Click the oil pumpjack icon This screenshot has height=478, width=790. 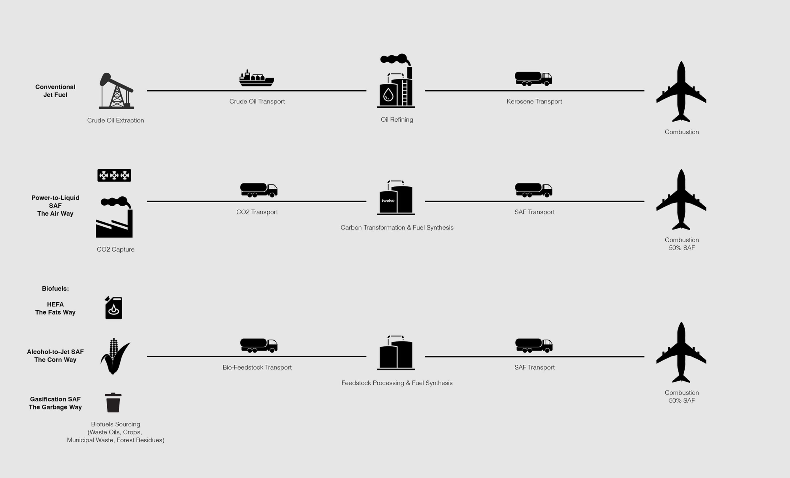point(116,91)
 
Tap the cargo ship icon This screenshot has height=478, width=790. point(256,79)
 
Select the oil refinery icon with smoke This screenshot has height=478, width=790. point(396,82)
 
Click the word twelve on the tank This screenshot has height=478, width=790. point(388,201)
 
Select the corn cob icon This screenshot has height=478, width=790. point(114,356)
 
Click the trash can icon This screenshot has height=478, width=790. point(113,403)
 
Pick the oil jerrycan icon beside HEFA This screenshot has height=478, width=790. point(114,308)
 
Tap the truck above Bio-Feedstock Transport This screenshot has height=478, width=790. point(259,345)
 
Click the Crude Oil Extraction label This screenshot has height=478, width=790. point(115,120)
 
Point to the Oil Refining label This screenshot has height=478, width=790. point(397,120)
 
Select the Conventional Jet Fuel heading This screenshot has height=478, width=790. point(55,91)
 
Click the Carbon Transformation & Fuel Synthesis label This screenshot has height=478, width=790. point(397,228)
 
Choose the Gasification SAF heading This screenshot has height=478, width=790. point(55,399)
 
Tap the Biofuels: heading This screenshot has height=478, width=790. point(55,288)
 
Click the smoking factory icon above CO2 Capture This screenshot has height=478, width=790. point(114,217)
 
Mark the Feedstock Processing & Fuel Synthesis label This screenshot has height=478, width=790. point(397,383)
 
